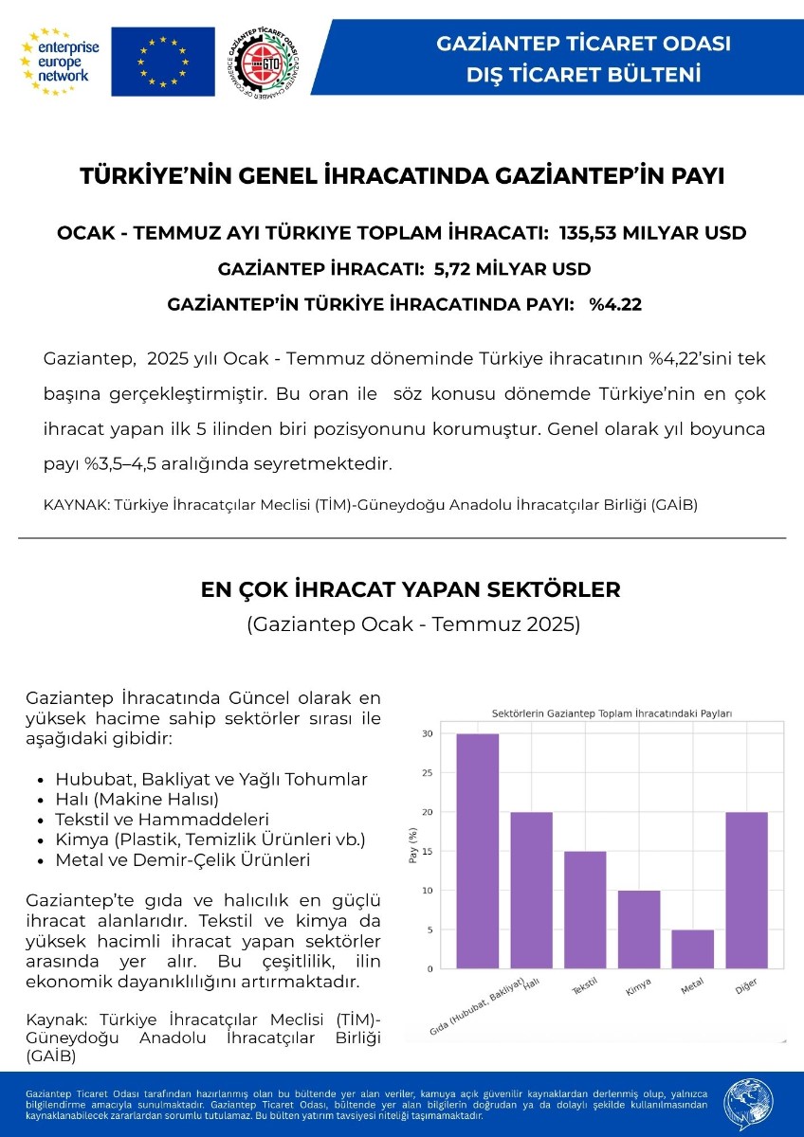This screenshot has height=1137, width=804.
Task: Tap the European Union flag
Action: coord(162,61)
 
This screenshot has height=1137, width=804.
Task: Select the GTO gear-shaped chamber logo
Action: coord(265,62)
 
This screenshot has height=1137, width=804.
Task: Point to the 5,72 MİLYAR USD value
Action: coord(512,269)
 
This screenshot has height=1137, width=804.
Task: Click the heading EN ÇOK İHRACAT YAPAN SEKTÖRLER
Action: coord(411,589)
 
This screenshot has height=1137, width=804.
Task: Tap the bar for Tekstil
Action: coord(585,909)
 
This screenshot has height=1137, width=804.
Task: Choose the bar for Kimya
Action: coord(639,929)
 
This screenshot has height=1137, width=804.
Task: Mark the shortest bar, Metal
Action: coord(693,948)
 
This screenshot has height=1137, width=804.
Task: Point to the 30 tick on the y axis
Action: coord(428,734)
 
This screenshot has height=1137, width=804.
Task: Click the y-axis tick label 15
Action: coord(428,851)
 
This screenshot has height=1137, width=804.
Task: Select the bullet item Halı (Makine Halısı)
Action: coord(137,799)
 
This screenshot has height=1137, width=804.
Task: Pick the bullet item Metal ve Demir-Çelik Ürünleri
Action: coord(183,860)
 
